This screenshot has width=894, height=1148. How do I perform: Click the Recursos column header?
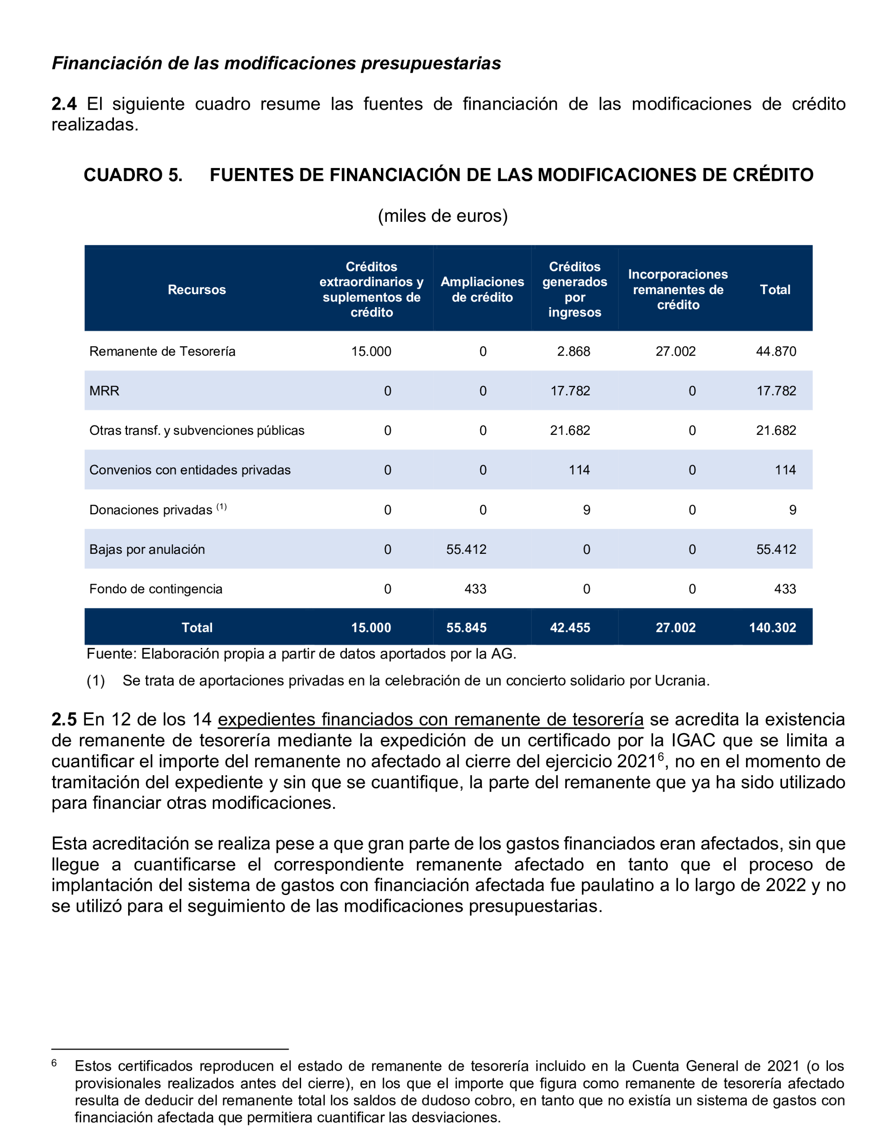(197, 290)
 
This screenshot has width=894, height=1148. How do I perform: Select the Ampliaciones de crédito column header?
(482, 290)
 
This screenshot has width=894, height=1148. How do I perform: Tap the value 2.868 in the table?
(573, 351)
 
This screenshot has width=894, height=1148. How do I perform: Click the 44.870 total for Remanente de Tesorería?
(776, 351)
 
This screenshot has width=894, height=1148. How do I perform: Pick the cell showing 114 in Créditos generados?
(579, 470)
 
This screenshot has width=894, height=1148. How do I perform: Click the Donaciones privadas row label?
(151, 510)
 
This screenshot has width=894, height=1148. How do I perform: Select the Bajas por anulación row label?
(147, 549)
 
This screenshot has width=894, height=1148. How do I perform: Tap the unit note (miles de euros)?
(443, 216)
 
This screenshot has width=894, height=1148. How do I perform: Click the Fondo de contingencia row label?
(156, 589)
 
